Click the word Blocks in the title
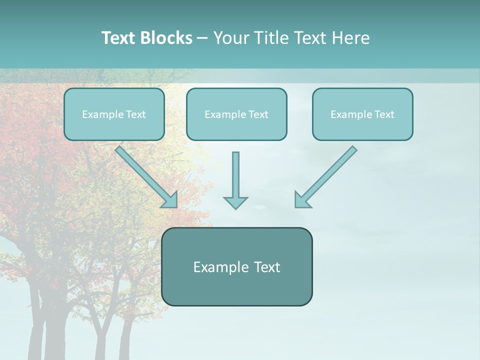coord(166,38)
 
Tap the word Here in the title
coord(353,38)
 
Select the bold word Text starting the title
coord(119,38)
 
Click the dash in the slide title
coord(202,38)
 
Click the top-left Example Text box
coord(114,114)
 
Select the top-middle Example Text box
coord(236,114)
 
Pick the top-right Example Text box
coord(362,114)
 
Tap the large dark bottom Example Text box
coord(236,266)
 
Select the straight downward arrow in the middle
coord(235,175)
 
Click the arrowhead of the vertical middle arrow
coord(235,202)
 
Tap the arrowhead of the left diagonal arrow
coord(171,200)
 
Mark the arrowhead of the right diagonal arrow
coord(301,200)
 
